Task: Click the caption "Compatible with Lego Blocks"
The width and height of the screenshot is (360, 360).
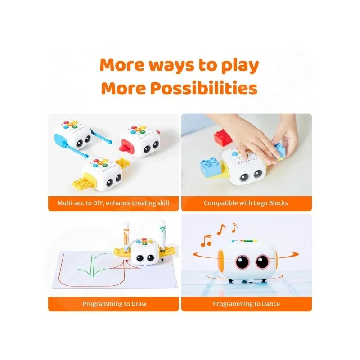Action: click(x=246, y=203)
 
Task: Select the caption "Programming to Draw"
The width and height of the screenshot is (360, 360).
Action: click(x=114, y=304)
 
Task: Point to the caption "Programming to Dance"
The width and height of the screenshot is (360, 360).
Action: click(x=246, y=304)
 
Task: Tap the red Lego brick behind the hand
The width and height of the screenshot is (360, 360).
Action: click(x=223, y=137)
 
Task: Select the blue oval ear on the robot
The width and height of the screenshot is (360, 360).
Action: click(x=59, y=140)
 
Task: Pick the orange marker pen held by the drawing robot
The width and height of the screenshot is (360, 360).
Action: click(x=126, y=238)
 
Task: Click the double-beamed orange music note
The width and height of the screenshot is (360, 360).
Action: click(x=206, y=241)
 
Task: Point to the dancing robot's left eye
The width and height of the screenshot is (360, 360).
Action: click(x=243, y=262)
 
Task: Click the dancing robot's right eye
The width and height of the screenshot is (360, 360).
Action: click(x=262, y=261)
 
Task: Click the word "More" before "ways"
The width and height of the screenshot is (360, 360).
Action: click(x=123, y=65)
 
